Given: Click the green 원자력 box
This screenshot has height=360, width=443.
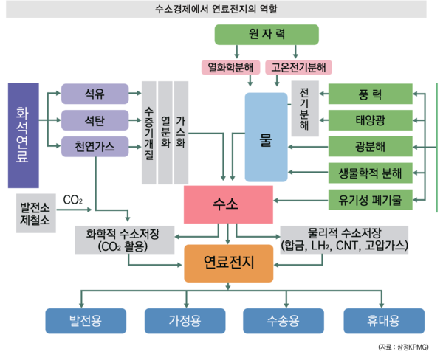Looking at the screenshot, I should point(267,34).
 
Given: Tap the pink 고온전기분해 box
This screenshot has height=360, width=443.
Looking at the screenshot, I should point(298,67).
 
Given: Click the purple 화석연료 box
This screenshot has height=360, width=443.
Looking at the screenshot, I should point(23,135).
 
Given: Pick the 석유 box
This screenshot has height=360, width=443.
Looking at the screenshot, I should point(95,94).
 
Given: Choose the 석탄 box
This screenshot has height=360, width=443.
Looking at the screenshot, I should point(95,120).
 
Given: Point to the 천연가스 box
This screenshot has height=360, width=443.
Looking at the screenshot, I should point(95,146).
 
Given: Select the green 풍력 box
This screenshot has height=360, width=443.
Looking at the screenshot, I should point(370,94).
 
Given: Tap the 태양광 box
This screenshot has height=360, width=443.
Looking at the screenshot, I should point(370,120).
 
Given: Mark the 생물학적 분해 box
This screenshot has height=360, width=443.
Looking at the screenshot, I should point(370,174).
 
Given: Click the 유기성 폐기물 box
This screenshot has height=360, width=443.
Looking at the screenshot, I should point(370,199).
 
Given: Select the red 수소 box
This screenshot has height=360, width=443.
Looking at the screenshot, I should point(228,204).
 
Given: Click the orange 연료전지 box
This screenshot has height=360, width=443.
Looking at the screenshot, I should point(229,263).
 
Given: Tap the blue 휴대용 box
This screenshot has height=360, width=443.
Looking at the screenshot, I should point(382,321).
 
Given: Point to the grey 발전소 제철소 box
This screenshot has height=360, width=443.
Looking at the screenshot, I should point(35,212).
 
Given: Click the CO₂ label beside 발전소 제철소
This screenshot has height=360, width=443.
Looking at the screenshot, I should point(72,199).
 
